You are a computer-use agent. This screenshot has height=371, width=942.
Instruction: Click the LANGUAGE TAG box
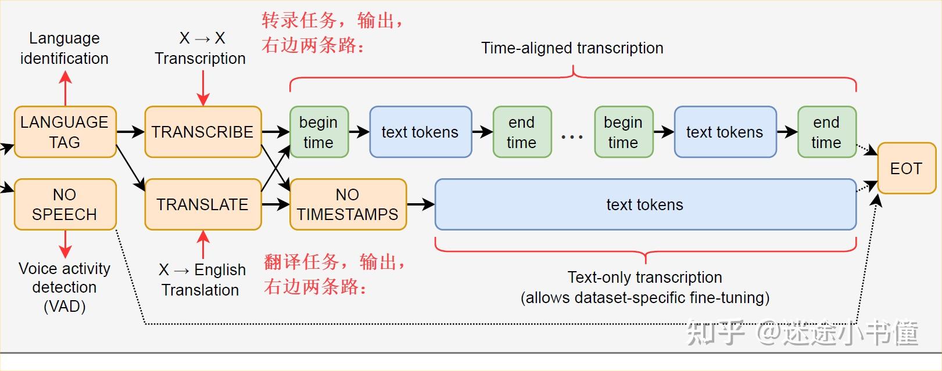[65, 132]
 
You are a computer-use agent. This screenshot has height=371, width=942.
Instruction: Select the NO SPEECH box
[65, 204]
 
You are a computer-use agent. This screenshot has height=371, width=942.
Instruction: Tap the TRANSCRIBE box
[202, 132]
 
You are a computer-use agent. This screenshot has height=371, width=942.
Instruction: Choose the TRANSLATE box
[202, 204]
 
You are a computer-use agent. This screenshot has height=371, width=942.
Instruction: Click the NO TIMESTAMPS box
[348, 204]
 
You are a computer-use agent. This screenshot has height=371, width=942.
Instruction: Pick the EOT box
[905, 168]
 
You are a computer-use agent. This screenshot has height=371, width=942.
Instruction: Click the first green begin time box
[318, 132]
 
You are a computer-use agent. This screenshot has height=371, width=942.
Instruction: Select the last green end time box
[826, 132]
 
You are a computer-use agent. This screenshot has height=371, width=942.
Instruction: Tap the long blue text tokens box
[645, 204]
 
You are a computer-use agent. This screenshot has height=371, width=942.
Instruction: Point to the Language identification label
[64, 48]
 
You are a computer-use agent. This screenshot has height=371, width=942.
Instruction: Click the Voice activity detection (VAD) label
[65, 287]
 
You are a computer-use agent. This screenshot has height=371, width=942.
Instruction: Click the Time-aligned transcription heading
[572, 48]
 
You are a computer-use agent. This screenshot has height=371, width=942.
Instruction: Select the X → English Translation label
[201, 279]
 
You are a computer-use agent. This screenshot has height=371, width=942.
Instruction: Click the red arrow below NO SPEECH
[65, 244]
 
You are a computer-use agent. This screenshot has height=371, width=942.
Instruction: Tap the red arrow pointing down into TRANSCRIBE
[203, 88]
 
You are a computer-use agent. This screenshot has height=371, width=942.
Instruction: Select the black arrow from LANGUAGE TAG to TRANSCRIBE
[130, 132]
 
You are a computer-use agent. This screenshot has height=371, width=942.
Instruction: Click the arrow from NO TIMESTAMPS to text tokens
[421, 204]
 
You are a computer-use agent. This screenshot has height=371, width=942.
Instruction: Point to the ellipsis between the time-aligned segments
[572, 138]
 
